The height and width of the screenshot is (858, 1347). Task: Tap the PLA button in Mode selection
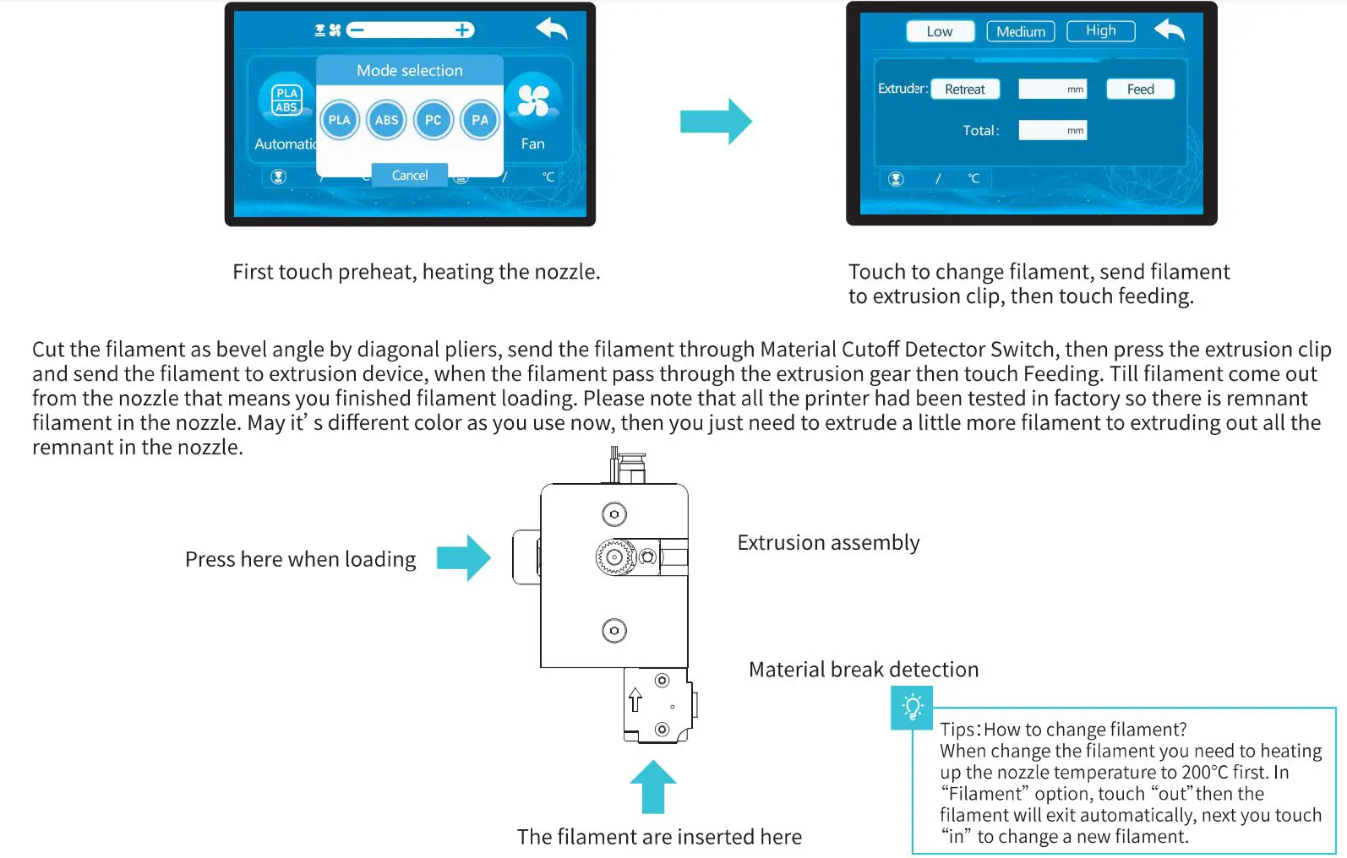pyautogui.click(x=340, y=120)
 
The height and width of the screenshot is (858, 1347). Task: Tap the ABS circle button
pyautogui.click(x=386, y=120)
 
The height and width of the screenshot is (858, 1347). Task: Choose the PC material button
pyautogui.click(x=433, y=120)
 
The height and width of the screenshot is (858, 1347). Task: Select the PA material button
pyautogui.click(x=480, y=120)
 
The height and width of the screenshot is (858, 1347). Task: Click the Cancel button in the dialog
pyautogui.click(x=410, y=175)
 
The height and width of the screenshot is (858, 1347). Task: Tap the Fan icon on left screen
pyautogui.click(x=533, y=102)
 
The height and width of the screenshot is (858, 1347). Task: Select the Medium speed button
pyautogui.click(x=1021, y=31)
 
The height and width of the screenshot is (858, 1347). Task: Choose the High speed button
pyautogui.click(x=1100, y=31)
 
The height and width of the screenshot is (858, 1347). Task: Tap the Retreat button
pyautogui.click(x=965, y=90)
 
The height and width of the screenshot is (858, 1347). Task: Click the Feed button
pyautogui.click(x=1140, y=90)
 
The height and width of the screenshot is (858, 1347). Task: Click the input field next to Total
pyautogui.click(x=1052, y=130)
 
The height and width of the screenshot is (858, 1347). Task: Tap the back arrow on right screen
pyautogui.click(x=1170, y=30)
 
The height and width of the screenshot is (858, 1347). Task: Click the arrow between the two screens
pyautogui.click(x=716, y=122)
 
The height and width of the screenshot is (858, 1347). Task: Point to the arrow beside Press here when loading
pyautogui.click(x=463, y=557)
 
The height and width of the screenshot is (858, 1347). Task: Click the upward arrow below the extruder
pyautogui.click(x=652, y=787)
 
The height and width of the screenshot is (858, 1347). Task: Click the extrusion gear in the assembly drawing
pyautogui.click(x=614, y=557)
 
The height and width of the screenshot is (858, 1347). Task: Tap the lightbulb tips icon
pyautogui.click(x=912, y=707)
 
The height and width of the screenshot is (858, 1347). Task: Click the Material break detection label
pyautogui.click(x=864, y=670)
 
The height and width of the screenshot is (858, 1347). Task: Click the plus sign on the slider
pyautogui.click(x=462, y=30)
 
